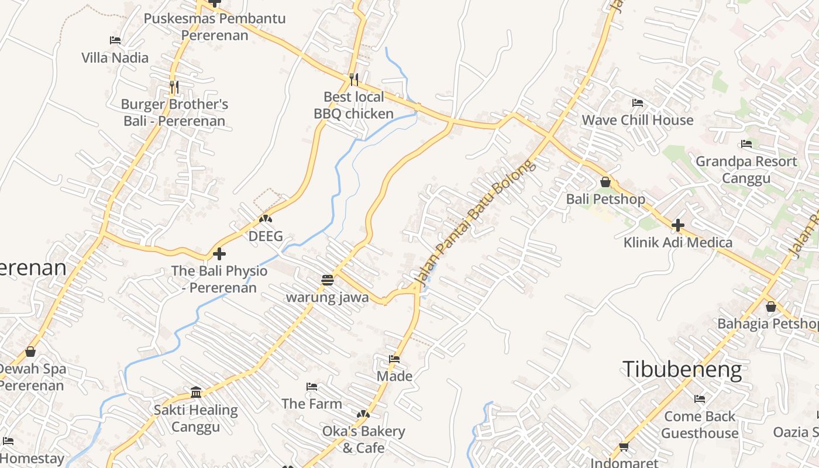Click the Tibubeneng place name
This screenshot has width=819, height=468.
pyautogui.click(x=682, y=370)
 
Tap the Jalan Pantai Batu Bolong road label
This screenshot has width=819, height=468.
pyautogui.click(x=474, y=223)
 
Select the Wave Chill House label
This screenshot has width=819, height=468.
pyautogui.click(x=637, y=120)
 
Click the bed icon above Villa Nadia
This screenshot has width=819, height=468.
pyautogui.click(x=115, y=40)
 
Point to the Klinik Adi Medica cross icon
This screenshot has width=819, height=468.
pyautogui.click(x=678, y=225)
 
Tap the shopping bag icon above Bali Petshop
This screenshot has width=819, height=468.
pyautogui.click(x=605, y=182)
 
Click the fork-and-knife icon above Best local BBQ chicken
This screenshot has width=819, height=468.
pyautogui.click(x=353, y=79)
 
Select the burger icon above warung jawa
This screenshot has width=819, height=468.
pyautogui.click(x=327, y=280)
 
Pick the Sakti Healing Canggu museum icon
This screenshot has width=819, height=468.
pyautogui.click(x=196, y=392)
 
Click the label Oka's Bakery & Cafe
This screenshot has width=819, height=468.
pyautogui.click(x=363, y=439)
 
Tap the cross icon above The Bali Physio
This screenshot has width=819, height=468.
pyautogui.click(x=219, y=254)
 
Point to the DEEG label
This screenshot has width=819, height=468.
pyautogui.click(x=266, y=236)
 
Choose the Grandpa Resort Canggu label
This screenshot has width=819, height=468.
pyautogui.click(x=746, y=169)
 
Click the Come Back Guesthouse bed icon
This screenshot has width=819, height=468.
pyautogui.click(x=700, y=399)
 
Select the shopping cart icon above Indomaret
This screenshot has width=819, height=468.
pyautogui.click(x=624, y=446)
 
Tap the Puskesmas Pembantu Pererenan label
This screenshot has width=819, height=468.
pyautogui.click(x=215, y=26)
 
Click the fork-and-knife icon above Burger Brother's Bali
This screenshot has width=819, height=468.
pyautogui.click(x=174, y=87)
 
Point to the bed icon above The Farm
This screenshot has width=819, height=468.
pyautogui.click(x=312, y=387)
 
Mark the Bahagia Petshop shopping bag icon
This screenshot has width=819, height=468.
pyautogui.click(x=771, y=307)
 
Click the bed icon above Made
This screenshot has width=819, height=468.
pyautogui.click(x=394, y=359)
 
